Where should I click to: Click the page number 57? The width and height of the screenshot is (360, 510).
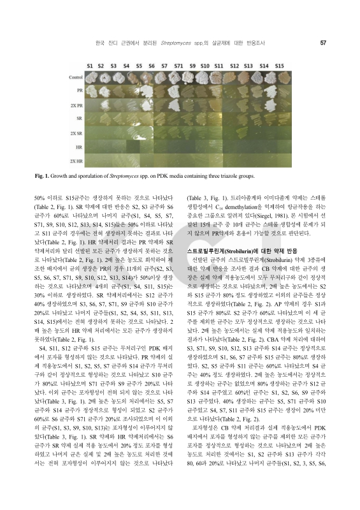(x=324, y=43)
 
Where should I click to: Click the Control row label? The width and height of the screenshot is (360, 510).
(x=75, y=78)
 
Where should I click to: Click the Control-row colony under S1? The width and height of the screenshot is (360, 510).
(x=90, y=78)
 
